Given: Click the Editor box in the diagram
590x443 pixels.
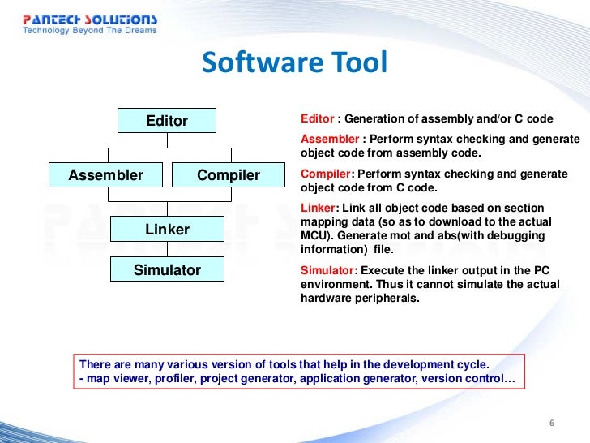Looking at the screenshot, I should click(x=167, y=121).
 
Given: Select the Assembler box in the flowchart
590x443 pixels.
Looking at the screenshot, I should click(x=105, y=175).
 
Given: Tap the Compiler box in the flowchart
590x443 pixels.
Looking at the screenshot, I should click(x=229, y=175).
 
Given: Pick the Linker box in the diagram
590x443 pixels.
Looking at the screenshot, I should click(x=167, y=230).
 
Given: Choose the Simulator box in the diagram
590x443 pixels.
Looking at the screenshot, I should click(x=167, y=269).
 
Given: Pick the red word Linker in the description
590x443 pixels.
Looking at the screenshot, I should click(x=317, y=209).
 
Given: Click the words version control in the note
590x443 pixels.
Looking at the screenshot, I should click(x=473, y=379).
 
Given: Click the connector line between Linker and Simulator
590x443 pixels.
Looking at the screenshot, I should click(x=167, y=250).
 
